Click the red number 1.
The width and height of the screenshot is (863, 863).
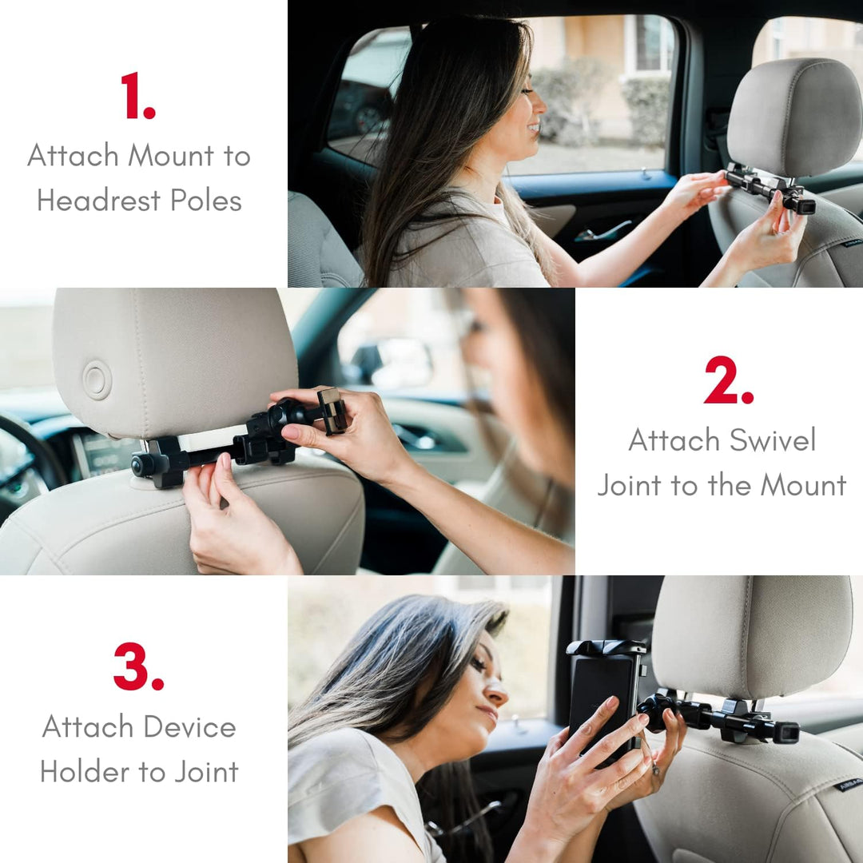point(137,96)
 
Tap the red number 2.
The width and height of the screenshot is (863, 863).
point(727,380)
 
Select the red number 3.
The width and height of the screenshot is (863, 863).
point(137,666)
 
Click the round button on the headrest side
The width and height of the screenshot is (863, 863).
point(97,380)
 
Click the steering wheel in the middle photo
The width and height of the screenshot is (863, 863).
point(32,455)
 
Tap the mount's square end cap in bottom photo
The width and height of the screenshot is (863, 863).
point(787,733)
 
